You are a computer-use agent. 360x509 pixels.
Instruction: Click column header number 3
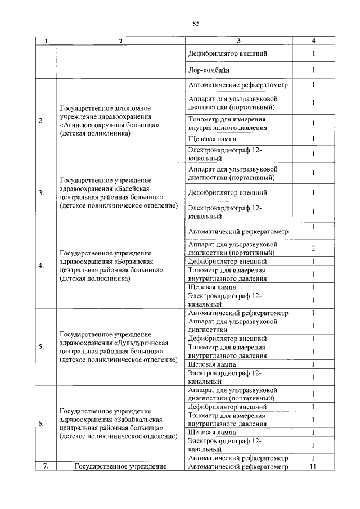point(238,40)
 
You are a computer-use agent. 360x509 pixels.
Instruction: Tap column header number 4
point(313,40)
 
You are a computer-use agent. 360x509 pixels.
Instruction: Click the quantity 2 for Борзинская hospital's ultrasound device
point(313,248)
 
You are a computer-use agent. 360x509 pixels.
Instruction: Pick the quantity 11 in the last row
point(313,466)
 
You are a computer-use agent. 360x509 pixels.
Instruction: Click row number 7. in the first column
point(46,466)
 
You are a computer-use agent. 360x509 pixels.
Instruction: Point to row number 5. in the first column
point(42,346)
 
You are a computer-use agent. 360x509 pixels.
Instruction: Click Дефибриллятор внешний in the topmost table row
point(228,54)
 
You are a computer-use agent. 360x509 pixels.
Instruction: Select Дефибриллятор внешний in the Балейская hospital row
point(228,193)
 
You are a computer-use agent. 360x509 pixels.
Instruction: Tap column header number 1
point(46,40)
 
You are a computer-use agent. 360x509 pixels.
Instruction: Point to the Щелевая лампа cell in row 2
point(213,139)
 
